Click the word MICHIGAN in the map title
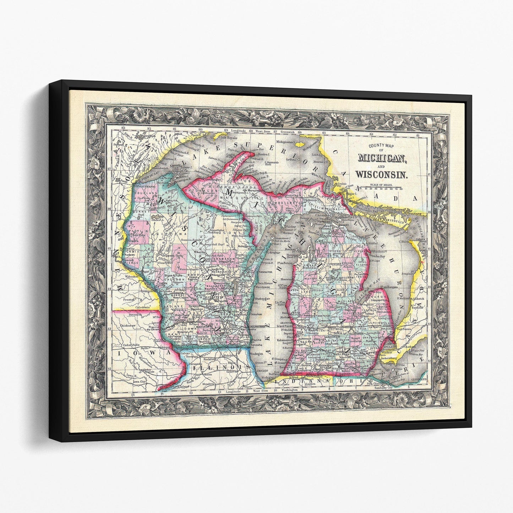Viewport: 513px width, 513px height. [x=382, y=158]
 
